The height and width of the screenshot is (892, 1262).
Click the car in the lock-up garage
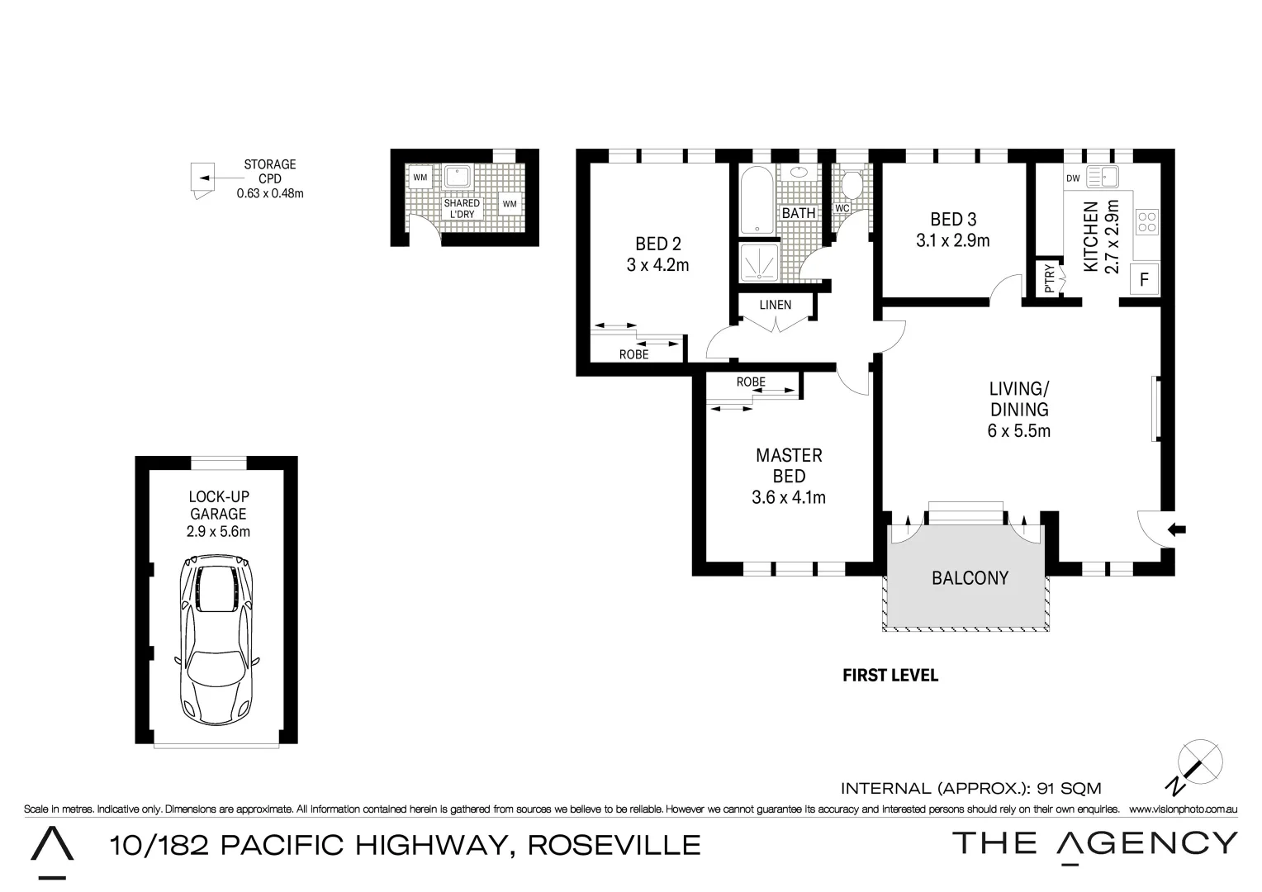[x=216, y=641]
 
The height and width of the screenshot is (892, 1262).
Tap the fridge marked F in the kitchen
[x=1144, y=279]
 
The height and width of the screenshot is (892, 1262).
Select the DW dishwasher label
[x=1073, y=178]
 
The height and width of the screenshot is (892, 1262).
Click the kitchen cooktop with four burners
[x=1147, y=221]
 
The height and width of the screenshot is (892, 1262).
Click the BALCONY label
[x=970, y=578]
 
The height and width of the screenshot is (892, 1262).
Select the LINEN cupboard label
[x=775, y=305]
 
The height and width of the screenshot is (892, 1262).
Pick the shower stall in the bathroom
[x=757, y=263]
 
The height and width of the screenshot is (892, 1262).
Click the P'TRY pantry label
[x=1049, y=278]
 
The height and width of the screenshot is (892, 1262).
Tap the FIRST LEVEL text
[x=890, y=676]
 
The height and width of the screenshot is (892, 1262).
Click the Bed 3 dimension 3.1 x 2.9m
[x=952, y=241]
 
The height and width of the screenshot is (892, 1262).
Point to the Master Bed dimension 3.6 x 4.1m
[x=788, y=497]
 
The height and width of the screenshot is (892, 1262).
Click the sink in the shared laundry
[x=457, y=177]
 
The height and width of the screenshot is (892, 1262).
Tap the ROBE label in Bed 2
[x=633, y=354]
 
